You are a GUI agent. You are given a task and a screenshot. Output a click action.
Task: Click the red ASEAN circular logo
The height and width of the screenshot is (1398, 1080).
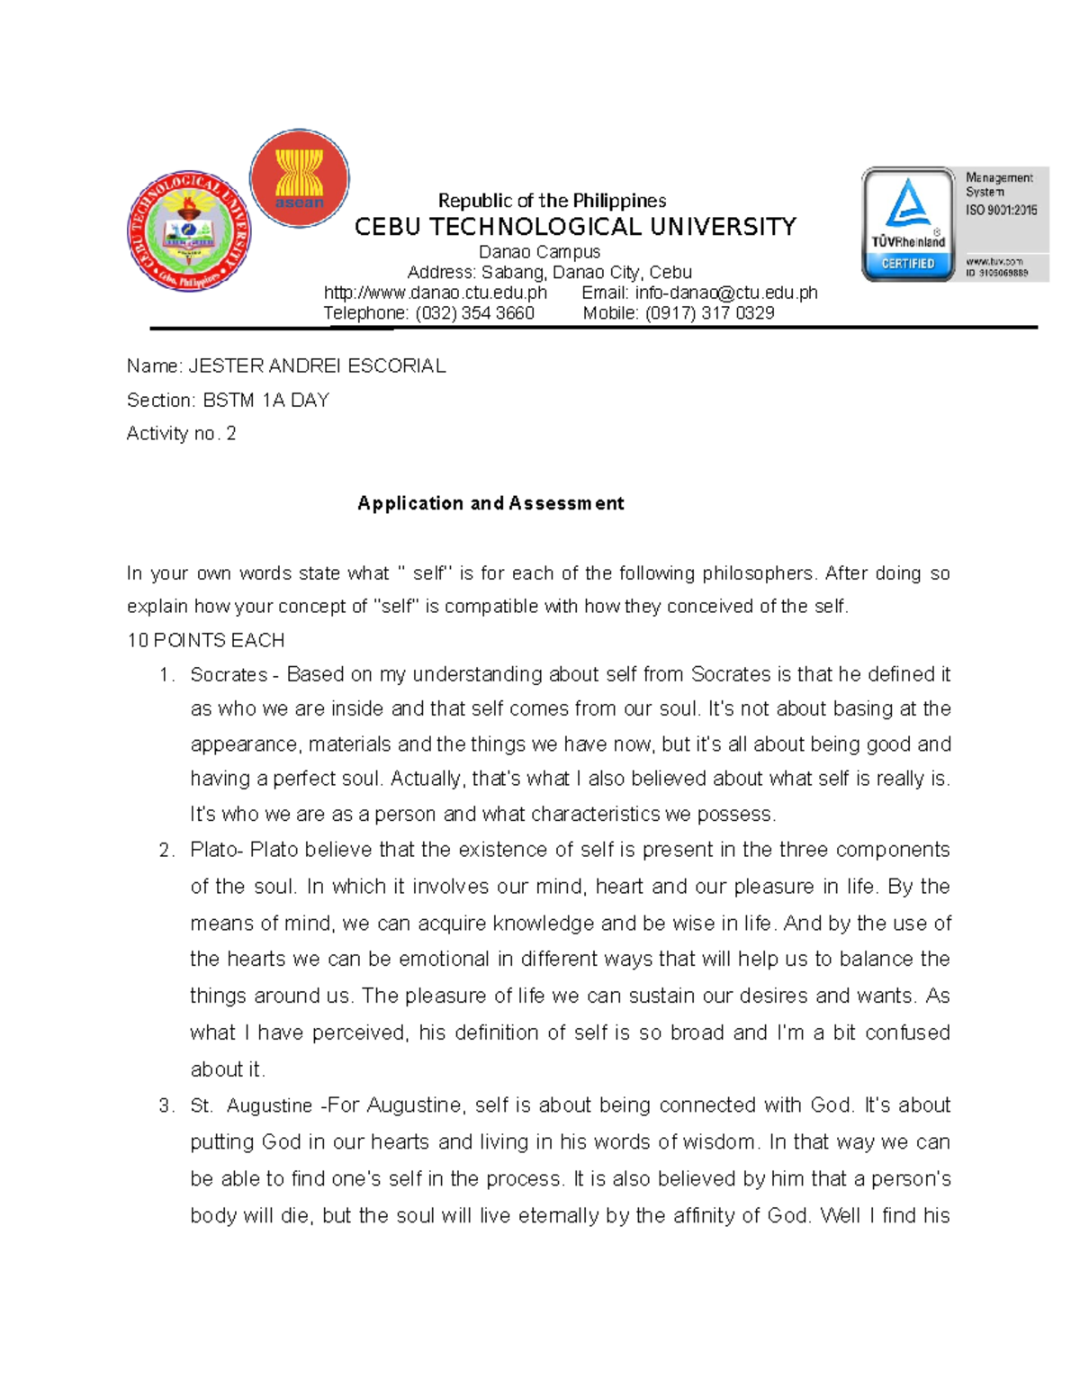coord(299,178)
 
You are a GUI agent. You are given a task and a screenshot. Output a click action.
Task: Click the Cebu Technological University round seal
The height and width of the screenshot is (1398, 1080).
coord(189,231)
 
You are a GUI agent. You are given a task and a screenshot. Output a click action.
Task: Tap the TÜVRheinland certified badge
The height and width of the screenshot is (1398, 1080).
coord(908,224)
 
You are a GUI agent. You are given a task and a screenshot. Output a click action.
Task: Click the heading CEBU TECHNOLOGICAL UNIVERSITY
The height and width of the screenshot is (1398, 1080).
coord(575,227)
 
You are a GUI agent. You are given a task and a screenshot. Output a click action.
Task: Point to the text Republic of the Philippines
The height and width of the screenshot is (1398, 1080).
coord(552,200)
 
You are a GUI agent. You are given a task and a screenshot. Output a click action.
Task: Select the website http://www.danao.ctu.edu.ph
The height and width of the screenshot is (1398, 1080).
coord(436,293)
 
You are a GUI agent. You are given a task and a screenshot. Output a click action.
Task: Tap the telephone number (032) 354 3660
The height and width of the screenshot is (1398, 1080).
coord(474,313)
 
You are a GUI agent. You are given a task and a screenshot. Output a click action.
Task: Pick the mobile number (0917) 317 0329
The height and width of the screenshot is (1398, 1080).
coord(710,313)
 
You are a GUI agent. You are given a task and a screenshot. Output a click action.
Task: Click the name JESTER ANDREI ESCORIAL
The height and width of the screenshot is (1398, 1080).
coord(317,365)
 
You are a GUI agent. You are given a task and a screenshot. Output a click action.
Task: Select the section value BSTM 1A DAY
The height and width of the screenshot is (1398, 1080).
coord(266,400)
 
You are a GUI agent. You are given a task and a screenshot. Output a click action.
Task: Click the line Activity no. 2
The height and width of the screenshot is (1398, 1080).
coord(181,434)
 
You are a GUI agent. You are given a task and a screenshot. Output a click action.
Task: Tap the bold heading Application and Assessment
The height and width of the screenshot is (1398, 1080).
coord(490,503)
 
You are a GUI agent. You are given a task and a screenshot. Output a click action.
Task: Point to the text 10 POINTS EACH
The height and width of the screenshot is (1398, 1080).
coord(206,640)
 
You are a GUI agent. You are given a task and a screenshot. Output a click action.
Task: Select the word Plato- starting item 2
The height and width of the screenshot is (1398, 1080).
coord(216,850)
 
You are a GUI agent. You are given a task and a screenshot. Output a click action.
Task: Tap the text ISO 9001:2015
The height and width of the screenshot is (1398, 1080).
coord(1001,210)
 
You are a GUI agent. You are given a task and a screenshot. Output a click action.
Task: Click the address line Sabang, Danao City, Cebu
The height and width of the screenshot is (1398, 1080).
coord(586,272)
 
